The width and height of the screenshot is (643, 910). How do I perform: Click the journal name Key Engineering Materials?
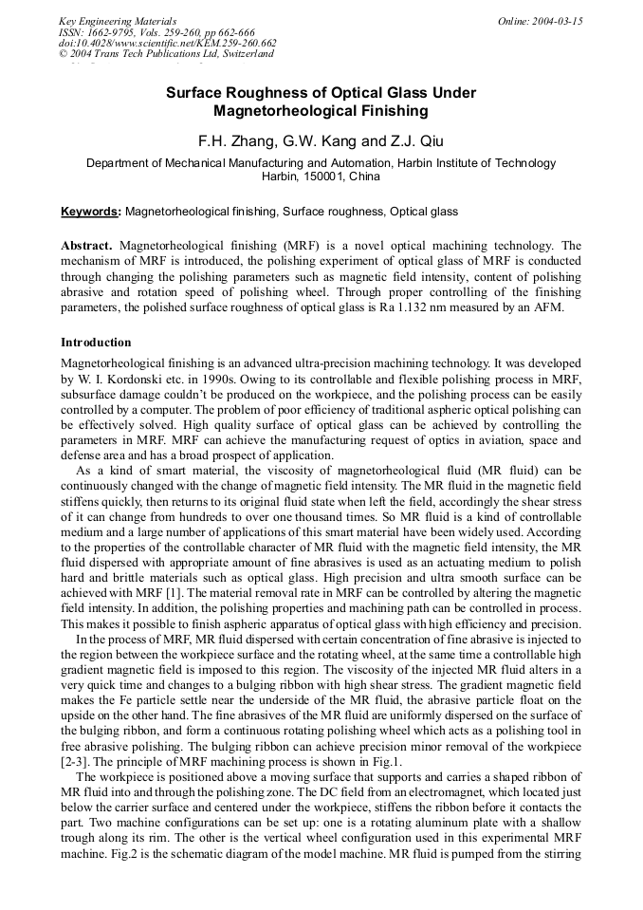[x=118, y=21]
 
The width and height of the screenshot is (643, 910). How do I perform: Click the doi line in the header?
[x=167, y=43]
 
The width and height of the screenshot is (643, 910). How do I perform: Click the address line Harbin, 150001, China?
[x=321, y=176]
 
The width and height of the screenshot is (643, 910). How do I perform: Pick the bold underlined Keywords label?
[x=90, y=212]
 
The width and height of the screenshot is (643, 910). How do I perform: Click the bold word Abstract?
[x=86, y=246]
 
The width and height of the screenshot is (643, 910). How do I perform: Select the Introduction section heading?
[x=96, y=343]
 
